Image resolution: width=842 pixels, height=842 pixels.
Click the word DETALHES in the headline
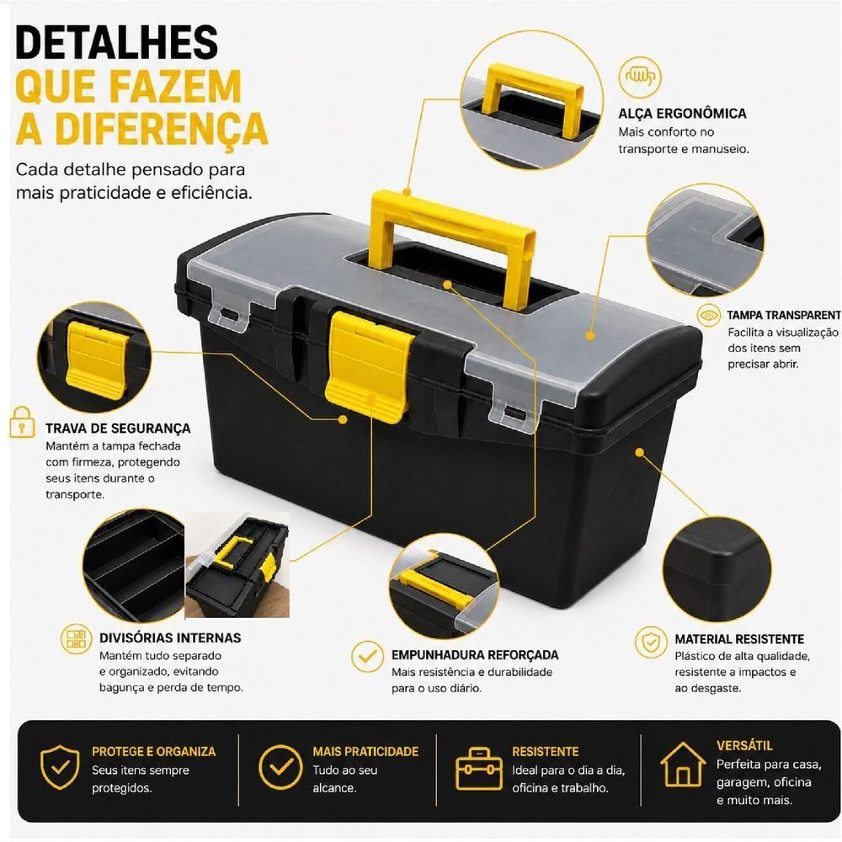point(116,41)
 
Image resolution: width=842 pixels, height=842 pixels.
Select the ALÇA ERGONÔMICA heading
point(682,114)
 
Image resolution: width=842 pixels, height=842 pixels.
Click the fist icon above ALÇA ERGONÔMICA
point(639,77)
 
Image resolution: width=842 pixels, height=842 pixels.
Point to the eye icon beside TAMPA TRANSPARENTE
point(708,315)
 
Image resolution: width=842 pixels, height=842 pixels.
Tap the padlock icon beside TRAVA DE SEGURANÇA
point(22,422)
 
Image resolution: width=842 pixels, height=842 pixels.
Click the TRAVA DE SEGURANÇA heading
point(118,428)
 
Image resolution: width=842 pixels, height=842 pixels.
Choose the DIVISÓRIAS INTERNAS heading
point(170,637)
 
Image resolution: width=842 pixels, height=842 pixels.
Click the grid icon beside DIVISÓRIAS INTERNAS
point(76,638)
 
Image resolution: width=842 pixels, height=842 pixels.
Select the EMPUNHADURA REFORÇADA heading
point(475,654)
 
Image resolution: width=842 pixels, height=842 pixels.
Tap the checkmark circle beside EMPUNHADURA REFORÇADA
point(367,656)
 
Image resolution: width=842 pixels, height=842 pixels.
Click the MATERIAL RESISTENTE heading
point(739,639)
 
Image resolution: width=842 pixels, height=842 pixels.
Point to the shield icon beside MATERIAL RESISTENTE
point(651,642)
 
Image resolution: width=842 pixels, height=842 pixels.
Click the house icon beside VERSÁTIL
point(683,765)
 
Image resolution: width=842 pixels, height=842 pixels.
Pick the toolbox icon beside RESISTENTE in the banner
point(479,769)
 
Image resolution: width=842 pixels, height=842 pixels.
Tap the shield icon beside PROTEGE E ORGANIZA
point(60,766)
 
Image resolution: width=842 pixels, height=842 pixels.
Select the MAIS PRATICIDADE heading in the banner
point(365,751)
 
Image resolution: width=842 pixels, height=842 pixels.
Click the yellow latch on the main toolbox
point(369,365)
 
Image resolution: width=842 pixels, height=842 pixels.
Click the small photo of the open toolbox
point(237,565)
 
